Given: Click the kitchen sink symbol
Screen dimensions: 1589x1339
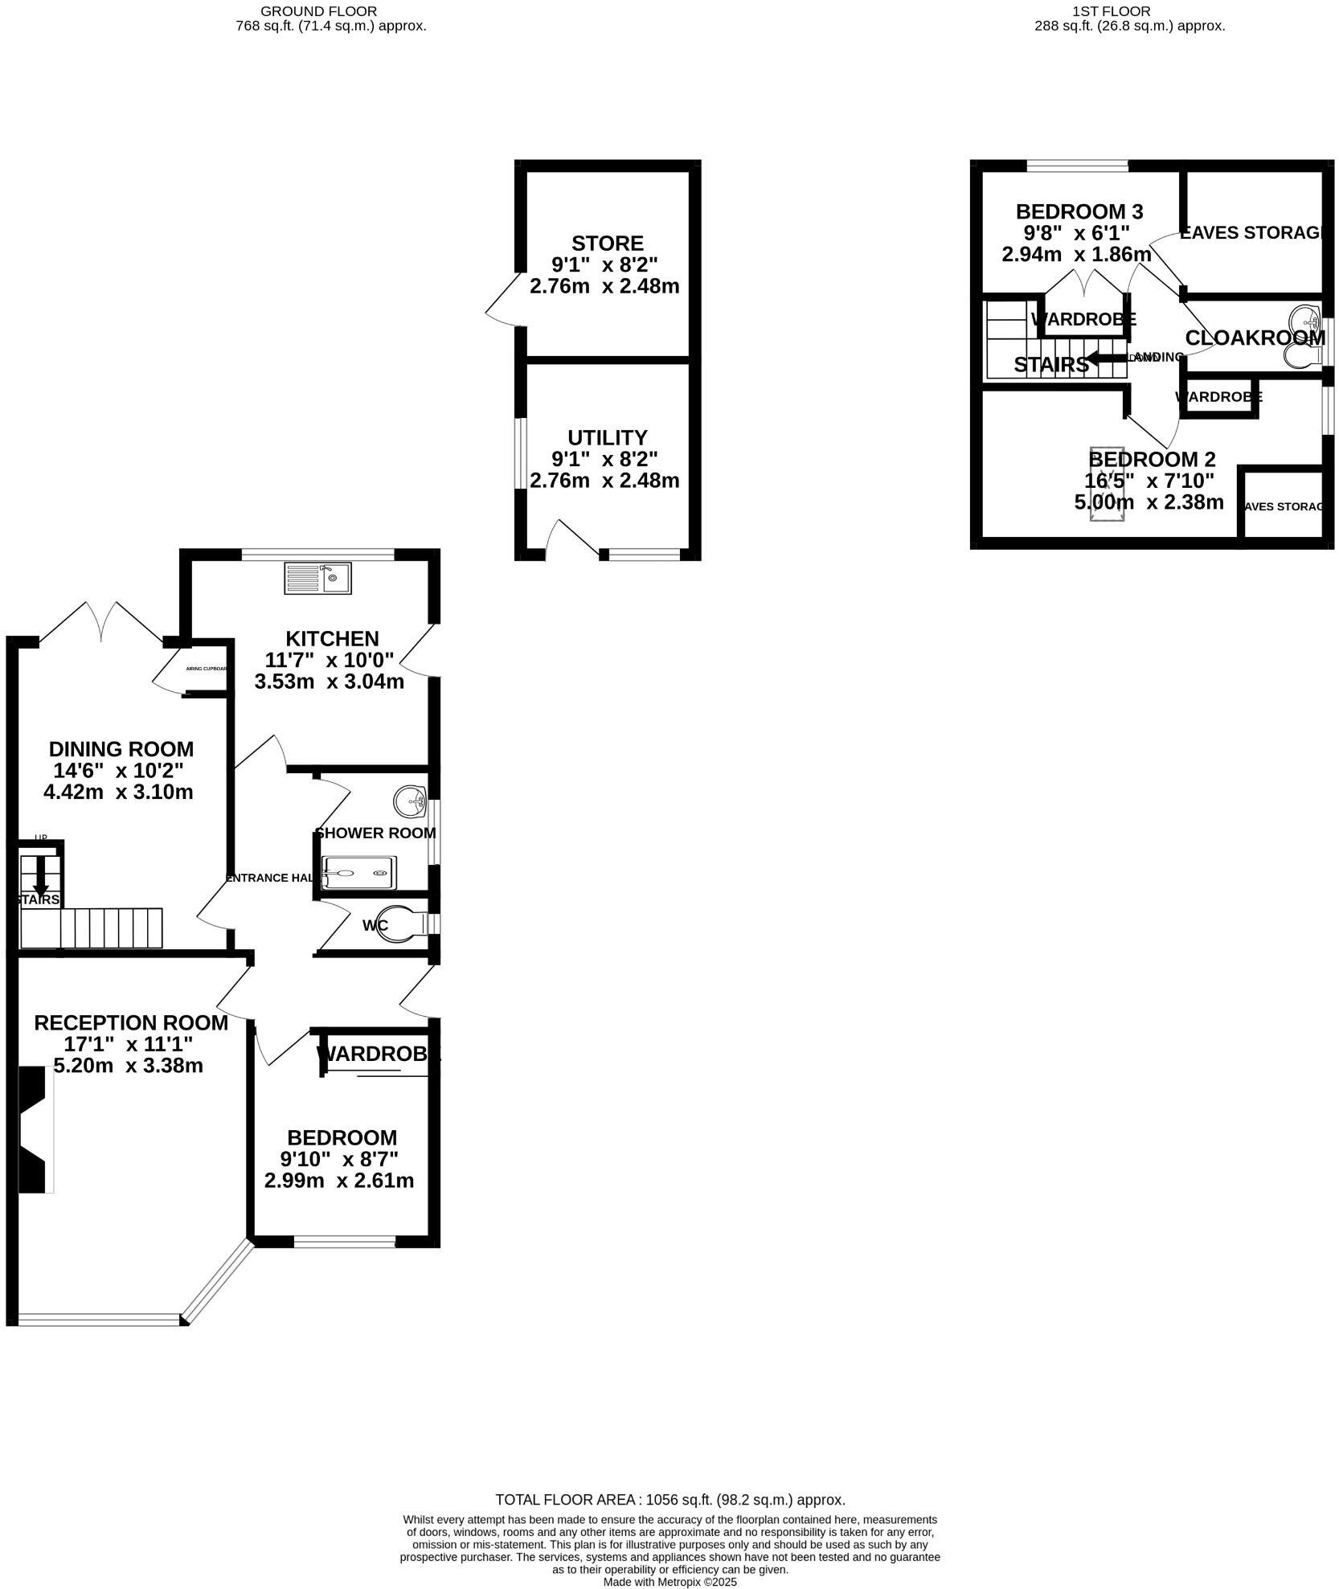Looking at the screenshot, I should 317,579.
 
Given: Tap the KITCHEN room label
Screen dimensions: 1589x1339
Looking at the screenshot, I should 332,638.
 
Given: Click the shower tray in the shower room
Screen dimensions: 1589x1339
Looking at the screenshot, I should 358,872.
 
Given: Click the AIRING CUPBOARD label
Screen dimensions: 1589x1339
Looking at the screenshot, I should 207,669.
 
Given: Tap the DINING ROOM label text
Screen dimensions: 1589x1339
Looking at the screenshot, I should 121,748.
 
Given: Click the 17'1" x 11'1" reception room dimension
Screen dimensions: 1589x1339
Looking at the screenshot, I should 129,1044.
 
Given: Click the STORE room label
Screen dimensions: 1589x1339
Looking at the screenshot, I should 607,243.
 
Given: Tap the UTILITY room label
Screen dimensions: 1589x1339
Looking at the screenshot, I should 607,437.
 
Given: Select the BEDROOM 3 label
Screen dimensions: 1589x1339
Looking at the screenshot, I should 1079,211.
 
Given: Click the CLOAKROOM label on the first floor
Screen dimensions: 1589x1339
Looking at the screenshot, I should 1255,338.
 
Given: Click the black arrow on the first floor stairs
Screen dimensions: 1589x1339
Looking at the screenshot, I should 1104,358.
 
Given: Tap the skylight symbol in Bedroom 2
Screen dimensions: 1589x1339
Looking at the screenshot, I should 1106,483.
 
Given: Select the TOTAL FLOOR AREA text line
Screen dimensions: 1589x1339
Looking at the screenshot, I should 669,1499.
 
